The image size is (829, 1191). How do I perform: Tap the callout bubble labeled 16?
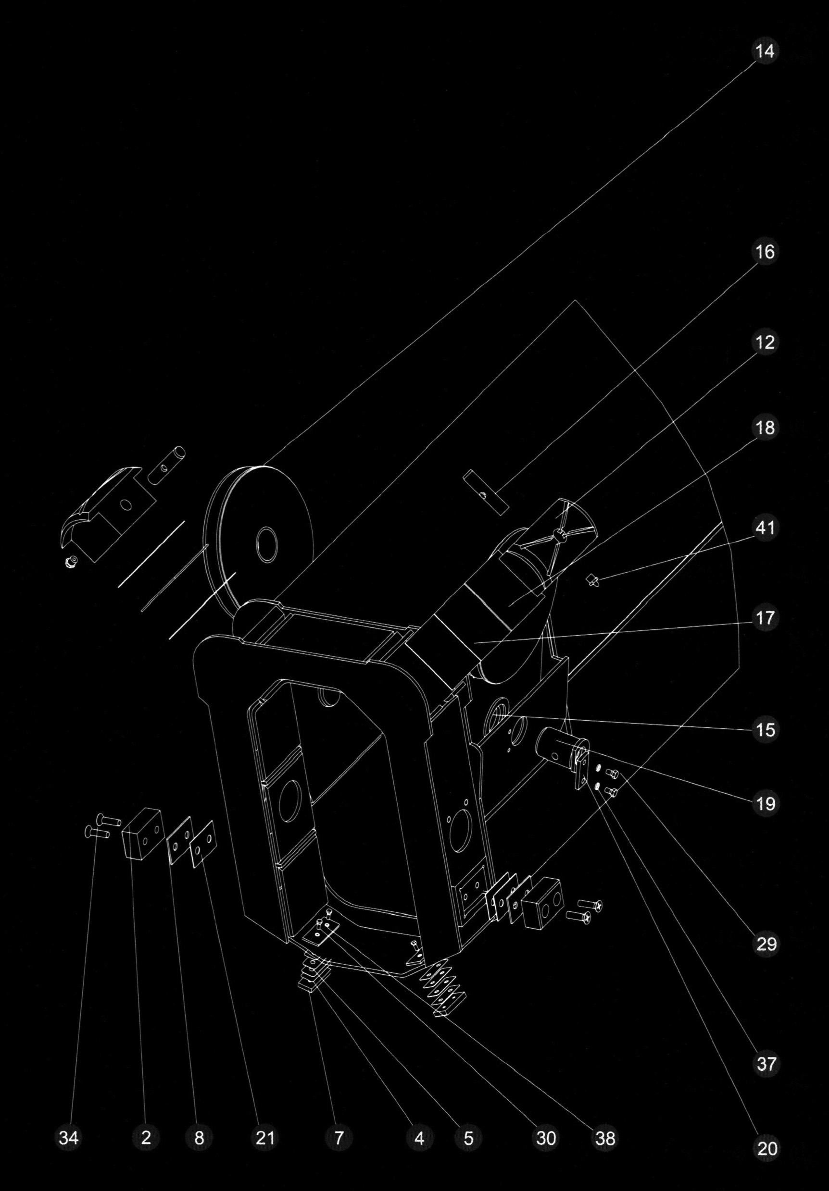point(765,252)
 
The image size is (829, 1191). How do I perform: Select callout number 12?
point(765,343)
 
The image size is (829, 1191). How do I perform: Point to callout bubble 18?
point(765,428)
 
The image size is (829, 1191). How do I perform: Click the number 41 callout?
point(765,528)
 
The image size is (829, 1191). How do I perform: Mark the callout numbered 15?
point(765,730)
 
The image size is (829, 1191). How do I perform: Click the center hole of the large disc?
point(267,545)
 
